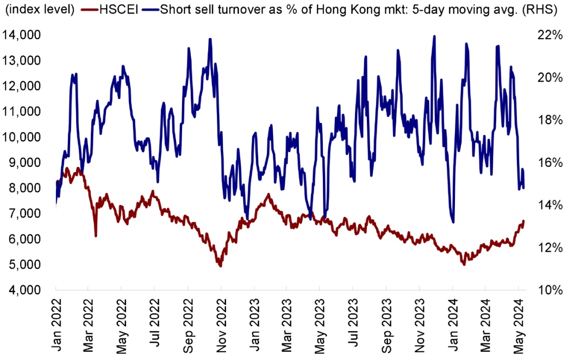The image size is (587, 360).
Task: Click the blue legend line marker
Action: (x=151, y=10)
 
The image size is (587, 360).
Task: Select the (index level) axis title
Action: (x=40, y=10)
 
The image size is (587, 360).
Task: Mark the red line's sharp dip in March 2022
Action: (x=96, y=235)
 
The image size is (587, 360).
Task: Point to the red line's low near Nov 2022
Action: (x=220, y=266)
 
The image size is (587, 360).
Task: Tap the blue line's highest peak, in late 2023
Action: (x=434, y=36)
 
